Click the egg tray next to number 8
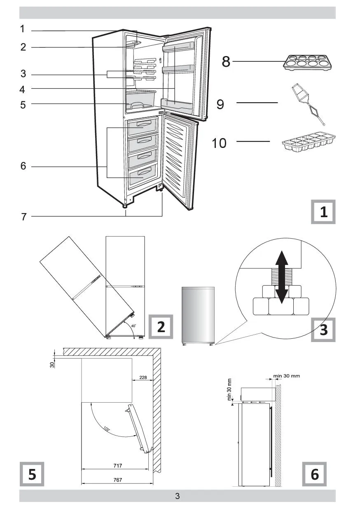309,63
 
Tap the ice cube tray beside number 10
309,142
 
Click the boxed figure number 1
323,212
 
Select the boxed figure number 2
161,327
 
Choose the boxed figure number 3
323,330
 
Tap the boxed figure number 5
32,474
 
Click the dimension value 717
117,466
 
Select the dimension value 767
117,480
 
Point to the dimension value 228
143,377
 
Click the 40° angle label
133,326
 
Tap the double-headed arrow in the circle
281,277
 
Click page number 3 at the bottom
178,496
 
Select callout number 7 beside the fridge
23,217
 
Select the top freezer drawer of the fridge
143,127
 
